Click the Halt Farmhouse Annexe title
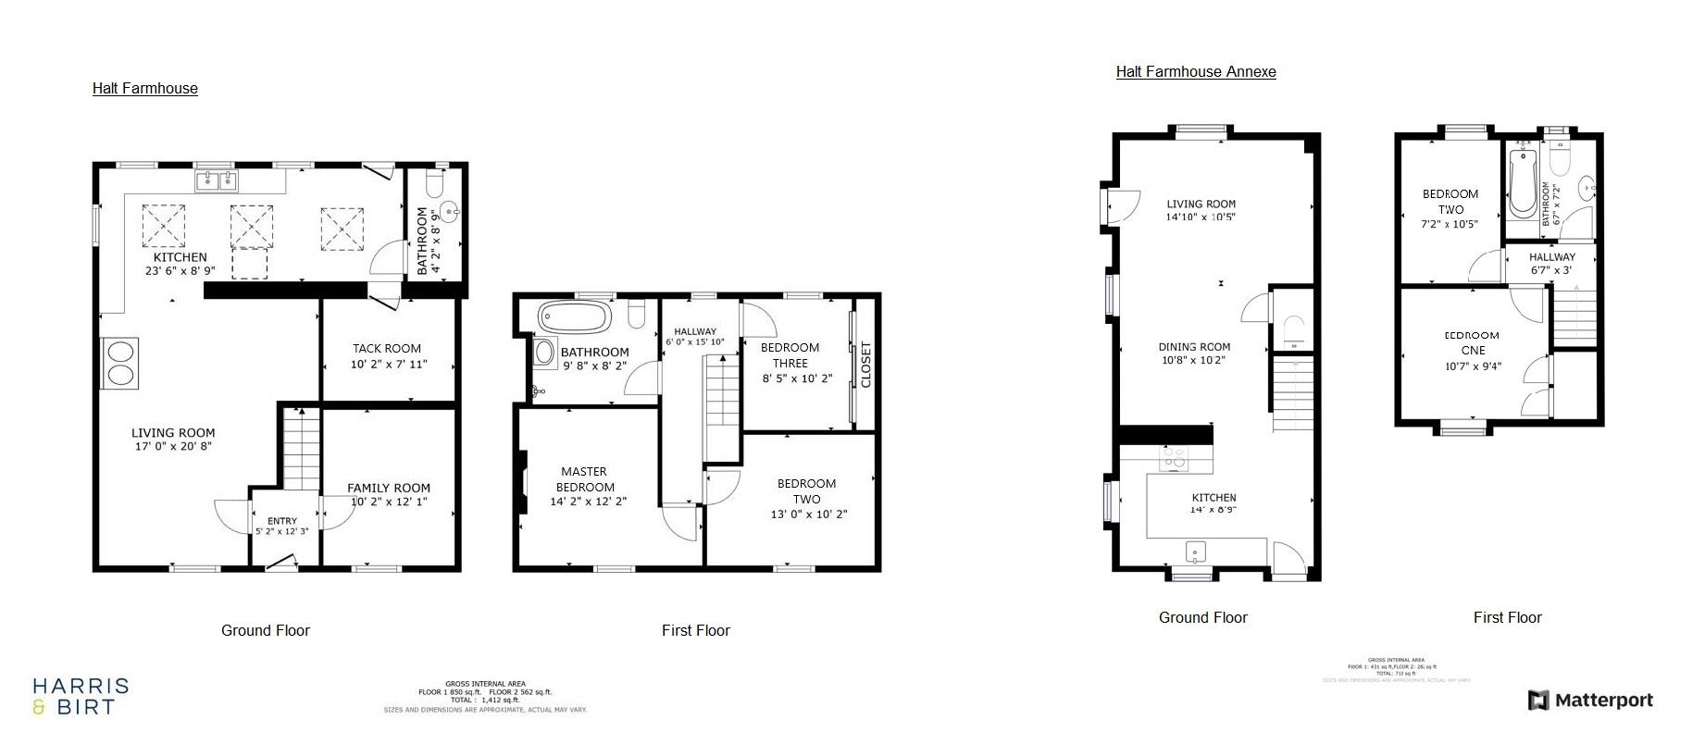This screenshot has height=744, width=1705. click(1195, 71)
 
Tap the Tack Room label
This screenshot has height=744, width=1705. click(387, 349)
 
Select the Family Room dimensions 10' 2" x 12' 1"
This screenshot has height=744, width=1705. click(389, 502)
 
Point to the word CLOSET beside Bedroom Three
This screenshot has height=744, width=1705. click(866, 365)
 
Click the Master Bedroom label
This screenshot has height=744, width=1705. click(584, 479)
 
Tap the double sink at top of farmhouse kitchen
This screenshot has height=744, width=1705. click(217, 180)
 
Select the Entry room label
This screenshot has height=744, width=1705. click(282, 521)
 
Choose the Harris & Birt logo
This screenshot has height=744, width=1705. click(81, 696)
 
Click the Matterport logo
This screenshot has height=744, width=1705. click(1590, 701)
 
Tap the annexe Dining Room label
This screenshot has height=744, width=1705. click(1194, 347)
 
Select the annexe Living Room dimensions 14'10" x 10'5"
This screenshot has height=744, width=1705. click(1201, 217)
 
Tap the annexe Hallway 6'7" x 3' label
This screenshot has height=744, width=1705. click(1551, 264)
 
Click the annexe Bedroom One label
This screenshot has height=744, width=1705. click(1473, 342)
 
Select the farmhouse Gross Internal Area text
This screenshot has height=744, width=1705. click(485, 691)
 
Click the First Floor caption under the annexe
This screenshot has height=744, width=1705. click(1507, 617)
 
